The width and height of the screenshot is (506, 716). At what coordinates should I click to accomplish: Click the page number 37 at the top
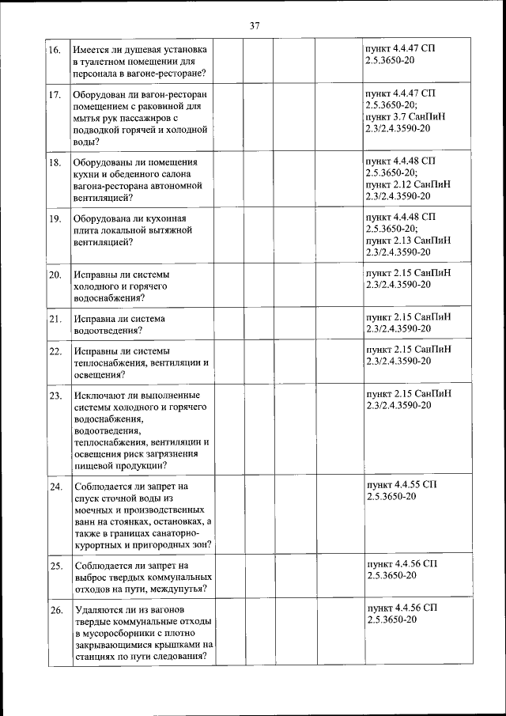[255, 25]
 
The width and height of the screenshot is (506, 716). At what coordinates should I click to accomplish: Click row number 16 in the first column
[55, 50]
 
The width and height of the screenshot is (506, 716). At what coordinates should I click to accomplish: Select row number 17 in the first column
[55, 95]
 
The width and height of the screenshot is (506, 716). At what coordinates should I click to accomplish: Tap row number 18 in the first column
[55, 162]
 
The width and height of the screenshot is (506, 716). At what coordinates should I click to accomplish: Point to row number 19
[55, 218]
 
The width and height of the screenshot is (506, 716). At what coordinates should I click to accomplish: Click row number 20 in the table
[55, 275]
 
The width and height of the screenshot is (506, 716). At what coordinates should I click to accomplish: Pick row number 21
[55, 319]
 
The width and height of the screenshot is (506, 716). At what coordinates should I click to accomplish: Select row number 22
[55, 350]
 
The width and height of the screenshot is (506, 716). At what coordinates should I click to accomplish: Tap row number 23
[55, 395]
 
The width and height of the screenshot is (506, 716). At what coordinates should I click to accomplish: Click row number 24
[55, 486]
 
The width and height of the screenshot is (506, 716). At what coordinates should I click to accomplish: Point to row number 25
[55, 566]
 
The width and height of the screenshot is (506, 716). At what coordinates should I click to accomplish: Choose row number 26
[55, 610]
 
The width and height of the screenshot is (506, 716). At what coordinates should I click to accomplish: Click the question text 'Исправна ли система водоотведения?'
[119, 324]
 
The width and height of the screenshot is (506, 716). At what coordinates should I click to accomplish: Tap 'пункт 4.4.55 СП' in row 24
[401, 483]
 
